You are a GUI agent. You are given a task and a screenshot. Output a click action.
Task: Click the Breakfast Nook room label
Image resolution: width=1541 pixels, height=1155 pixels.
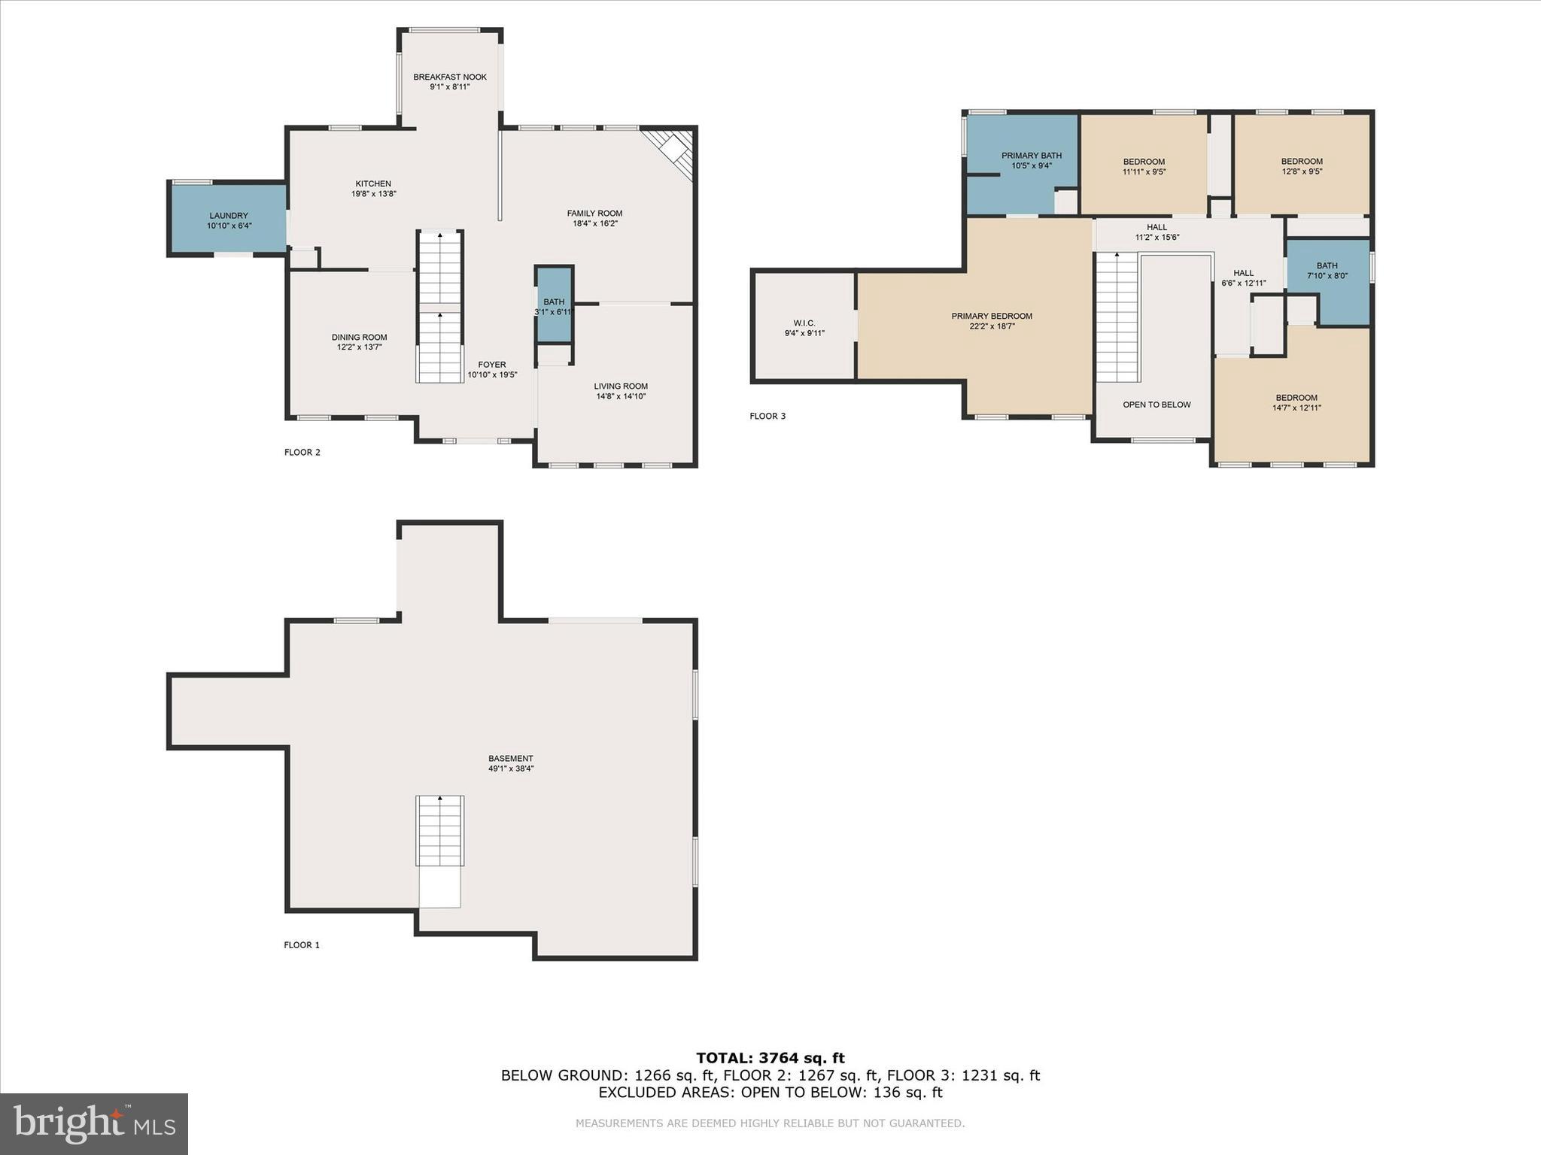[449, 77]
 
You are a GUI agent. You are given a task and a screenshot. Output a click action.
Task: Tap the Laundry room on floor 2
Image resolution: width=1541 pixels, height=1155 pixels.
[228, 220]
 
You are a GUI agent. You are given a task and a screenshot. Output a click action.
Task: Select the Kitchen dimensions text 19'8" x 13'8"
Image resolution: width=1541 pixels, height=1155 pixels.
[373, 194]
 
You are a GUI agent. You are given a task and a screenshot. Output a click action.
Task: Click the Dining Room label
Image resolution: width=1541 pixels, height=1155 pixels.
[359, 337]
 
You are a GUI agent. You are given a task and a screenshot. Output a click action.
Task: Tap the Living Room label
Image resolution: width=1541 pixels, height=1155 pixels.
[620, 387]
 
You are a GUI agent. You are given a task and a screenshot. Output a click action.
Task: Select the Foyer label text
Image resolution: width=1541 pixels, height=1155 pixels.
[492, 365]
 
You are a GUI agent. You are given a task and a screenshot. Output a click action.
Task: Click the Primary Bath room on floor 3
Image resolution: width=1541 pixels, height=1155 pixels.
[1030, 160]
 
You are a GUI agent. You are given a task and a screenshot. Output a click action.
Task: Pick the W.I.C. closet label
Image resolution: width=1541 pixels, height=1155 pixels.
[804, 323]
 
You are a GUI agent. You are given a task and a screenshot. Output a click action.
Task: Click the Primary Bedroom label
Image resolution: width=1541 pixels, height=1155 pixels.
[991, 316]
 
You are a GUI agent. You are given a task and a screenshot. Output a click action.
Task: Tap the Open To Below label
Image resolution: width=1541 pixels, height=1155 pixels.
[1156, 405]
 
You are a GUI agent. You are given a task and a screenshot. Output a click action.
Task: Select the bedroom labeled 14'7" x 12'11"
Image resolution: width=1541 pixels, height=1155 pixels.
[1296, 402]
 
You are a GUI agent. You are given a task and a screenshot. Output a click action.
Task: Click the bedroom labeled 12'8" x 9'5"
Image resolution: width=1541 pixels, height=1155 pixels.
[1301, 165]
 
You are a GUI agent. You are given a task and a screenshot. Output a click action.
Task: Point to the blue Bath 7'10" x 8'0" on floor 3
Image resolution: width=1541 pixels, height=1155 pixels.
[1327, 270]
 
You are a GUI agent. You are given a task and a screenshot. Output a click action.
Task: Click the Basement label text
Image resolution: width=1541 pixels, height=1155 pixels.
[510, 759]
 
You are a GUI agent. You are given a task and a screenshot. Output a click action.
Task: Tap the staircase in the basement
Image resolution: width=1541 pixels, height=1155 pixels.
[440, 831]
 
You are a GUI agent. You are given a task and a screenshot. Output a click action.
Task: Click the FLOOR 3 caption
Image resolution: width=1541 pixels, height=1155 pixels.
[767, 416]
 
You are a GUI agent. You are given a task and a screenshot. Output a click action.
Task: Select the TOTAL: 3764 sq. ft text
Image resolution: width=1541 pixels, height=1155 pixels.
[770, 1058]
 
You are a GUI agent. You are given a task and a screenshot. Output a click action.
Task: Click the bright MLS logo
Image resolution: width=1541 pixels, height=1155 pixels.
[94, 1123]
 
